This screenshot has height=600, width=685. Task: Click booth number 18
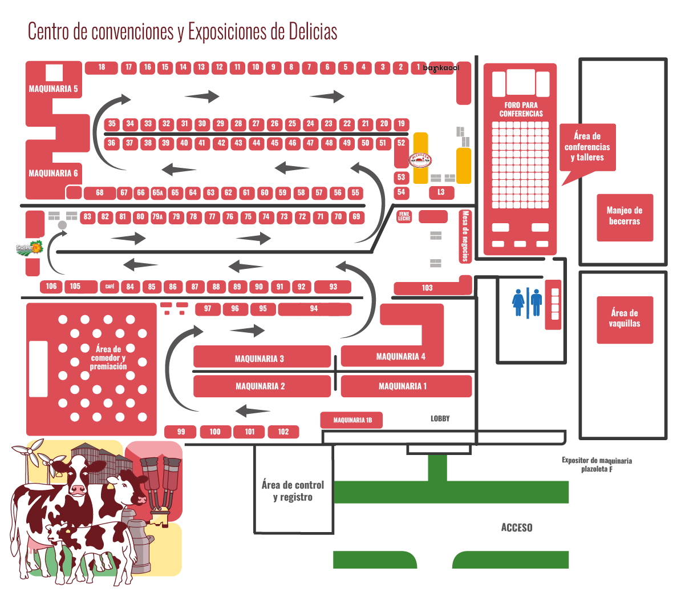point(102,67)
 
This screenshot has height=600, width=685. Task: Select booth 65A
point(157,193)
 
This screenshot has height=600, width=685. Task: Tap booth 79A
point(157,217)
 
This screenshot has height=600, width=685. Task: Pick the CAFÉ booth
point(110,287)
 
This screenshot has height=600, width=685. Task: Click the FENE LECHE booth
point(404,216)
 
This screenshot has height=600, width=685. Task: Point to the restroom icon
point(527,303)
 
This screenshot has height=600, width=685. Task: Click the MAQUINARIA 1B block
point(352,420)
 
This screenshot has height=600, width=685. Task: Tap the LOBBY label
point(440,418)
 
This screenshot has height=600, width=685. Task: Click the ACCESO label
point(517,527)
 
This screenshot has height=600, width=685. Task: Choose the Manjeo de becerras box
point(625,217)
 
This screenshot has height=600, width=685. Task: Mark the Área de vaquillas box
point(625,319)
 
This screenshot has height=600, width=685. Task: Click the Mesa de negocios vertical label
point(465,236)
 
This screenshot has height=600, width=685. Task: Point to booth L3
point(441,192)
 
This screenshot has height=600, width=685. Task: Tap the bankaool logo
point(441,68)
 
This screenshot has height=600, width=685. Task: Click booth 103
point(427,288)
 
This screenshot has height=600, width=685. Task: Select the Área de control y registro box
point(293,491)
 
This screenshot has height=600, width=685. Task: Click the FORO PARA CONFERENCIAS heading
point(521,109)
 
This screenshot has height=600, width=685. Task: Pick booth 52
point(402,143)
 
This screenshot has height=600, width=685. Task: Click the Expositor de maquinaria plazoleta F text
point(597,465)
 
